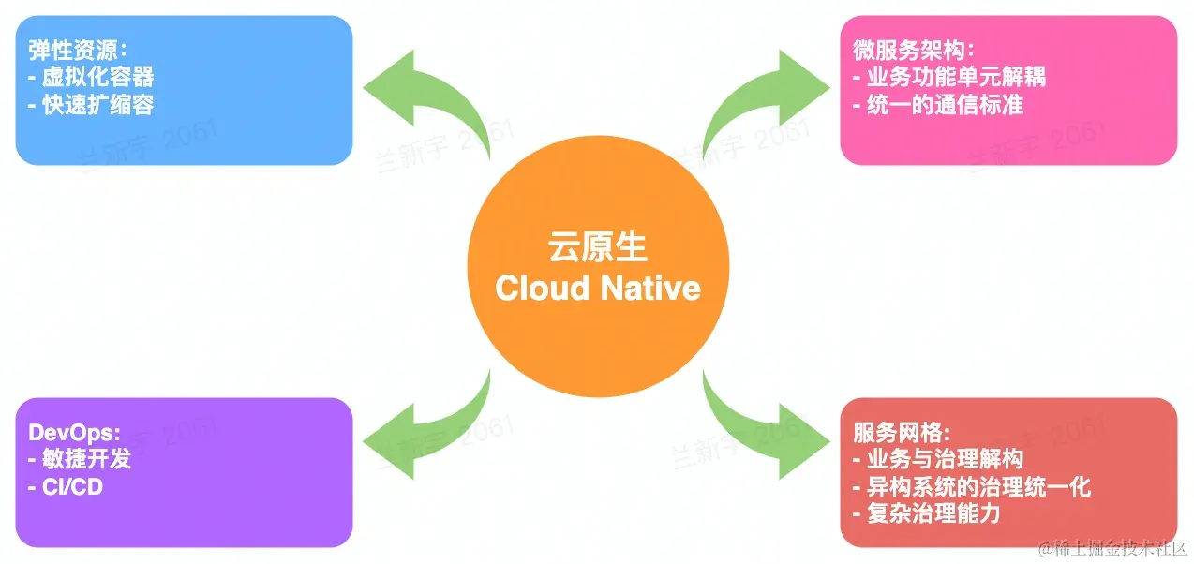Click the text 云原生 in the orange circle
(597, 248)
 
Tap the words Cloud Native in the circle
(597, 288)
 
